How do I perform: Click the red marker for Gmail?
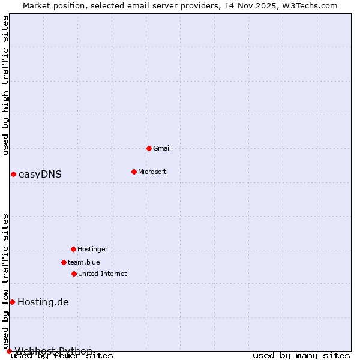coord(149,148)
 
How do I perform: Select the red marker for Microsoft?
coord(134,172)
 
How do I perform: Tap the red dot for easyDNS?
coord(13,174)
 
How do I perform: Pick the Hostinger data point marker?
coord(73,249)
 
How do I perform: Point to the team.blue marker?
coord(64,262)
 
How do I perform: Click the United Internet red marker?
coord(74,274)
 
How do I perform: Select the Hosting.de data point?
coord(12,302)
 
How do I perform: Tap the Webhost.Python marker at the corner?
coord(9,351)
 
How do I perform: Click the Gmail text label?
coord(162,148)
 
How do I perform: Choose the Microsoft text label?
coord(152,172)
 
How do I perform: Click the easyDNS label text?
coord(40,175)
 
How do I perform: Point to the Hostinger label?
coord(93,249)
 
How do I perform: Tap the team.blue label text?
coord(84,262)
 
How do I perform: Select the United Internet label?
coord(103,274)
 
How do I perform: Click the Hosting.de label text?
coord(43,302)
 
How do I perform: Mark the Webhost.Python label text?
coord(54,351)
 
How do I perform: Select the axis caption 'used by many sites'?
coord(301,356)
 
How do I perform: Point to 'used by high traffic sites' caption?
coord(5,85)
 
